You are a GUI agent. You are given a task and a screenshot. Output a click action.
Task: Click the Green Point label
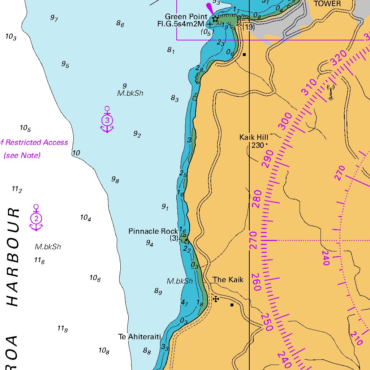point(186,17)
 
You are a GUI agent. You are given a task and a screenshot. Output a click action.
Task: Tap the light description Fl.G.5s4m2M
point(181,24)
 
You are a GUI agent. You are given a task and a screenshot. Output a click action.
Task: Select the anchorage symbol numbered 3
point(107,120)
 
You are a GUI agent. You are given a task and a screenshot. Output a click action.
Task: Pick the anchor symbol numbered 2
point(36,218)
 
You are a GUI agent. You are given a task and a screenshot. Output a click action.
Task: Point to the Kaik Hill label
point(254,137)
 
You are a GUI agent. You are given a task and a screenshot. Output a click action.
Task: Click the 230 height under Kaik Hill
point(258,145)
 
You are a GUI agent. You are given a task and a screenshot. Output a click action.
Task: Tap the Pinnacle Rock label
point(153,231)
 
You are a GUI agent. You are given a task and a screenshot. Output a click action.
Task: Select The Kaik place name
point(228,280)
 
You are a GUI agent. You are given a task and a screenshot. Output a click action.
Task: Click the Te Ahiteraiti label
point(139,337)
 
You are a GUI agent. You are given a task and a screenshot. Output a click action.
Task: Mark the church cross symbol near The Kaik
point(216,299)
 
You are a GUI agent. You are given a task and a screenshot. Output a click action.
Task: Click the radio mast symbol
point(330,92)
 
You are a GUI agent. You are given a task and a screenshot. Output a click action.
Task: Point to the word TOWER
point(327,4)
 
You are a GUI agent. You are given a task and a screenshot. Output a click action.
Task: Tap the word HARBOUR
point(13,257)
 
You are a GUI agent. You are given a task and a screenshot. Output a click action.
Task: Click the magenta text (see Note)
point(22,155)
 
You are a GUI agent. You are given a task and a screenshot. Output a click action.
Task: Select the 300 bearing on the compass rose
point(285,121)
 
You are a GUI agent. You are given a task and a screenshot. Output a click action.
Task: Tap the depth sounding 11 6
point(39,260)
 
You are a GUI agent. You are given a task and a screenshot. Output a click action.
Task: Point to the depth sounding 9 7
point(54,18)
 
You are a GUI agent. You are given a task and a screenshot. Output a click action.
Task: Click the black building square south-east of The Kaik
point(232,305)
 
